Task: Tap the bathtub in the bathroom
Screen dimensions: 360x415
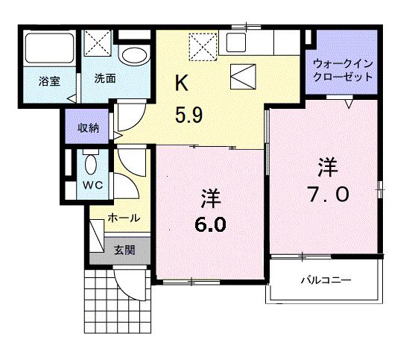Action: (48, 49)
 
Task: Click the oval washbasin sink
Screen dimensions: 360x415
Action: (134, 55)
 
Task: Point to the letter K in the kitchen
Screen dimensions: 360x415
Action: (180, 82)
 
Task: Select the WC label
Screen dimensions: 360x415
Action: (92, 184)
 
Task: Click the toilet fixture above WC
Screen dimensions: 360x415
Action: (92, 163)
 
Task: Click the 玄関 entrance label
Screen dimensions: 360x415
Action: (124, 250)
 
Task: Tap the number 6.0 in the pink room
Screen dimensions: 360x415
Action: (212, 224)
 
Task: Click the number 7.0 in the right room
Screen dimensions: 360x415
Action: (327, 195)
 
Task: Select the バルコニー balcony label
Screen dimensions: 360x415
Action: (326, 281)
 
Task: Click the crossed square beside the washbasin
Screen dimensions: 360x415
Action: (97, 42)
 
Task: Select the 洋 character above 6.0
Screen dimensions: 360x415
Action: (210, 198)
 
